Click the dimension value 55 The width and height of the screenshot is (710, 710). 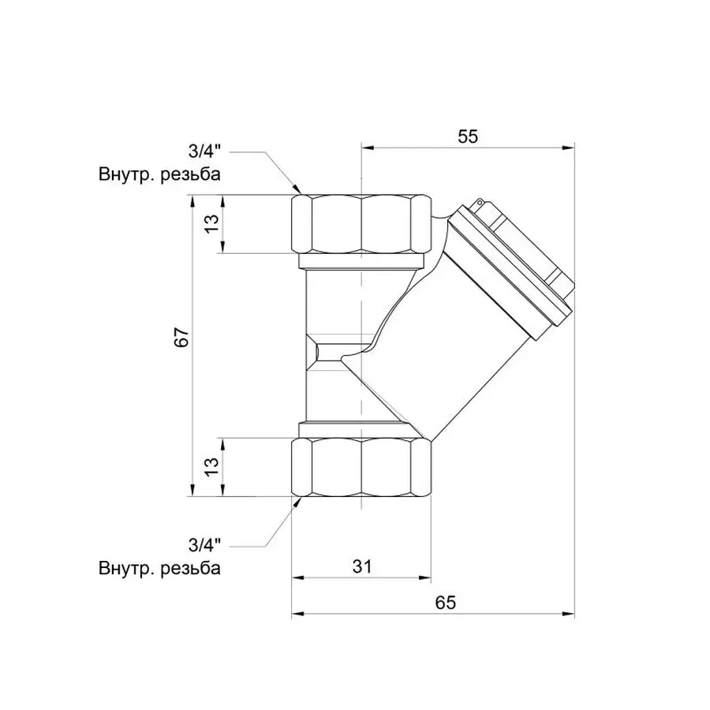click(468, 136)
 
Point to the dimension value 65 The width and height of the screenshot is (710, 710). click(447, 603)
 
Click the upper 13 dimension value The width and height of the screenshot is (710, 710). click(211, 224)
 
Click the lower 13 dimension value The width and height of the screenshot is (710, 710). click(211, 466)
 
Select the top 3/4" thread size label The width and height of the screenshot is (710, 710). click(204, 151)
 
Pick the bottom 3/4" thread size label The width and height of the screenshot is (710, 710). click(204, 544)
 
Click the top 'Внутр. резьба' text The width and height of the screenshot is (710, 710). click(159, 174)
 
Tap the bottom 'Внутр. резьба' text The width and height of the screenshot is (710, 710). click(159, 567)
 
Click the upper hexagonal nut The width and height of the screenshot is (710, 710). click(361, 223)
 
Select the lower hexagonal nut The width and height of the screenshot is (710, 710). click(361, 467)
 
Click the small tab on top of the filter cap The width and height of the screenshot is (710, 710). click(477, 204)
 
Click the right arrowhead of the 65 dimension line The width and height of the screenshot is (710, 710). click(570, 614)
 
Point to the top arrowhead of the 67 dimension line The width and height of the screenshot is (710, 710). click(192, 200)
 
